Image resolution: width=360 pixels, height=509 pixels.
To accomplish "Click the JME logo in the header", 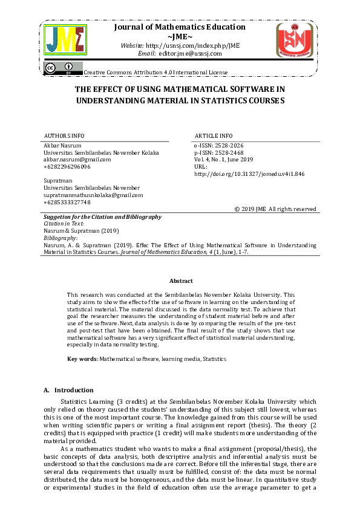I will tap(68, 41).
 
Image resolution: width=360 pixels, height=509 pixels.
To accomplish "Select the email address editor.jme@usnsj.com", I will tap(190, 54).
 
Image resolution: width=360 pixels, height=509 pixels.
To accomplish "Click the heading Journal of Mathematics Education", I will tap(180, 27).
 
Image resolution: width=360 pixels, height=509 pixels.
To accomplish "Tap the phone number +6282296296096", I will tap(67, 167).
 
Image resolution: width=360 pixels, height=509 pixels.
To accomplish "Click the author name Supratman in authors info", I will tap(58, 181).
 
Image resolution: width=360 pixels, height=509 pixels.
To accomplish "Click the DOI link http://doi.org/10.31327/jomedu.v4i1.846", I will tap(249, 173).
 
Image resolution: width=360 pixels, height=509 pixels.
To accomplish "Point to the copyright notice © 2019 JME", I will tap(275, 209).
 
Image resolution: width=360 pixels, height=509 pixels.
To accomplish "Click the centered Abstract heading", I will tap(181, 281).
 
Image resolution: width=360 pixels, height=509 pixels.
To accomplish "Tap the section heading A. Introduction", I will tap(68, 390).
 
